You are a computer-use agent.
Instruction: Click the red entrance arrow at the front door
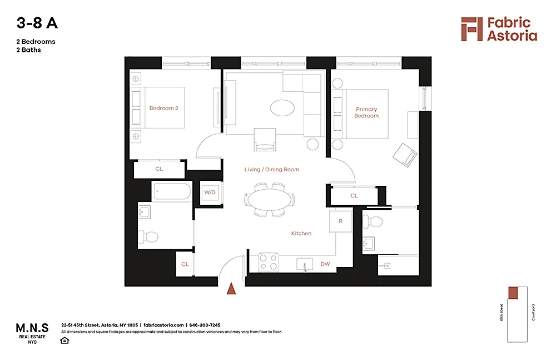[x=232, y=288]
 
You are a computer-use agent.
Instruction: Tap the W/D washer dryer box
[x=210, y=193]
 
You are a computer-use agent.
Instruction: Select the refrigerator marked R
[x=340, y=220]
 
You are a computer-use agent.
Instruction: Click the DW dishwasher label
[x=325, y=264]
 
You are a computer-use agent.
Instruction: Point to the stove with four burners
[x=269, y=263]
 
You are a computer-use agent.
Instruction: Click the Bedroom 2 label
[x=163, y=108]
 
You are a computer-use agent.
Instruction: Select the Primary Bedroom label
[x=366, y=112]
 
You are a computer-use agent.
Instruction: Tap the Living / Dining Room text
[x=272, y=169]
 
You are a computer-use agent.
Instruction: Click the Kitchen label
[x=301, y=233]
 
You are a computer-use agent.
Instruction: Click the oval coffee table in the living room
[x=283, y=107]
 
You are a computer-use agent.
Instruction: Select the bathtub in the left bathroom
[x=172, y=192]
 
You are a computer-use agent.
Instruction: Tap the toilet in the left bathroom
[x=149, y=237]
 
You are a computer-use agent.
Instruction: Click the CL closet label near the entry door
[x=185, y=264]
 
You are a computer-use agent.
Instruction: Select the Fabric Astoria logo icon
[x=471, y=29]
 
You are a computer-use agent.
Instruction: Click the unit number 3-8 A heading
[x=37, y=23]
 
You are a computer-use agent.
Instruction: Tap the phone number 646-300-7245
[x=205, y=325]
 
